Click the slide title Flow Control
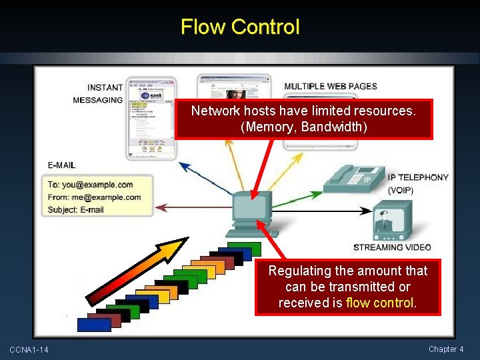[240, 27]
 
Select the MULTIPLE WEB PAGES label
[331, 86]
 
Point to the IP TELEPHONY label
[418, 177]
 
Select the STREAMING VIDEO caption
[392, 247]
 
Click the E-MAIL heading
[61, 165]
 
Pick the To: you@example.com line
[90, 185]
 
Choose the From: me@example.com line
[94, 197]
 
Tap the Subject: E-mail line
[76, 210]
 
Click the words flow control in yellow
[381, 303]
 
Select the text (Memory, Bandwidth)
[303, 127]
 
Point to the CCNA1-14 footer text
[29, 350]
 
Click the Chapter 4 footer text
[446, 349]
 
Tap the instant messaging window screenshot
[151, 118]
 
